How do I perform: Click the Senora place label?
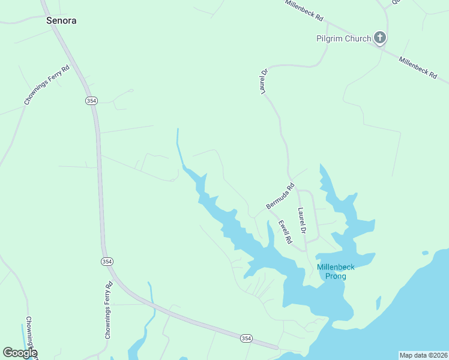click(x=61, y=20)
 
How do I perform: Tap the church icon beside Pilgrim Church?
click(x=379, y=38)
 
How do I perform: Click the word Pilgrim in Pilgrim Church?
click(x=330, y=39)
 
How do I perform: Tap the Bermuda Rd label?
click(x=280, y=196)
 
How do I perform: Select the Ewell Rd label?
click(x=285, y=232)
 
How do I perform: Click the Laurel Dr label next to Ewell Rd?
click(x=302, y=221)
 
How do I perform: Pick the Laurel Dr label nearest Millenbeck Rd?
click(x=263, y=81)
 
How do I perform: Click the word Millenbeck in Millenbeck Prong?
click(x=336, y=267)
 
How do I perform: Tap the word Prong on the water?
click(x=336, y=276)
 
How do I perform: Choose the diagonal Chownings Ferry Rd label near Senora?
click(x=47, y=85)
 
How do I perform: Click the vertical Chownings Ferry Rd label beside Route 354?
click(x=109, y=310)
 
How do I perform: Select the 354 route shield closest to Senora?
click(x=91, y=101)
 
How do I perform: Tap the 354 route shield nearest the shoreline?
click(x=246, y=338)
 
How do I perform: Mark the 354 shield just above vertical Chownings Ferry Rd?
click(x=106, y=261)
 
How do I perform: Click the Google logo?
click(x=19, y=353)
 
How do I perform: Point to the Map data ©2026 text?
click(x=423, y=355)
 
